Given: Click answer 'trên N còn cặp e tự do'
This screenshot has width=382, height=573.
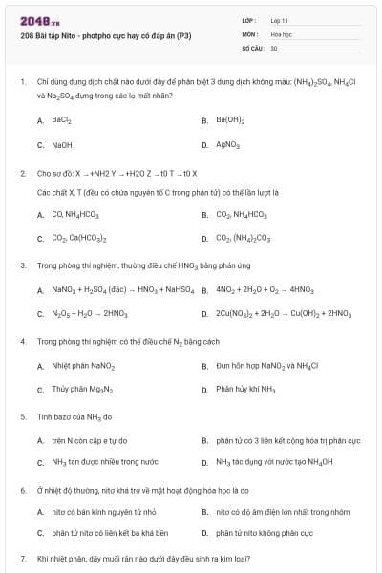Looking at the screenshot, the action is point(90,441).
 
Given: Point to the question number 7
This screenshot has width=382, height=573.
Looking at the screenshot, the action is point(22,558).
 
